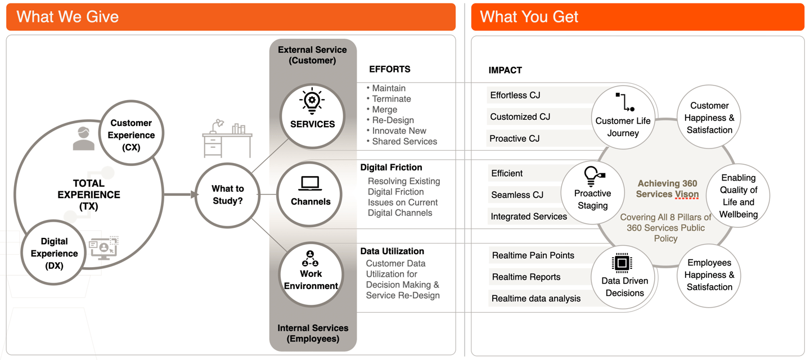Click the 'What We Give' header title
click(67, 17)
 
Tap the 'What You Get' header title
click(529, 17)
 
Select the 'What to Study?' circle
click(228, 195)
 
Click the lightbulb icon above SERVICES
click(312, 101)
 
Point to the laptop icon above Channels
click(310, 183)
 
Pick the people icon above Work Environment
click(310, 258)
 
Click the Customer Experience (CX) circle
click(131, 135)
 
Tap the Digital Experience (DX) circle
click(54, 253)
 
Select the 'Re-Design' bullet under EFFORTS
click(393, 120)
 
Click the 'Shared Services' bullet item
click(404, 141)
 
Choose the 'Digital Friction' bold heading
click(391, 167)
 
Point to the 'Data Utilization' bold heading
click(392, 251)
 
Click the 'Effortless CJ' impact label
click(515, 95)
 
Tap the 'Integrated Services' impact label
click(528, 216)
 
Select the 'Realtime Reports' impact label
click(526, 277)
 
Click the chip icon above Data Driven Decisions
click(622, 263)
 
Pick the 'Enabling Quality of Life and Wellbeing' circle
click(739, 196)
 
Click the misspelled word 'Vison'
click(686, 194)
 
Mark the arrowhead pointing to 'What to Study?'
click(195, 195)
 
